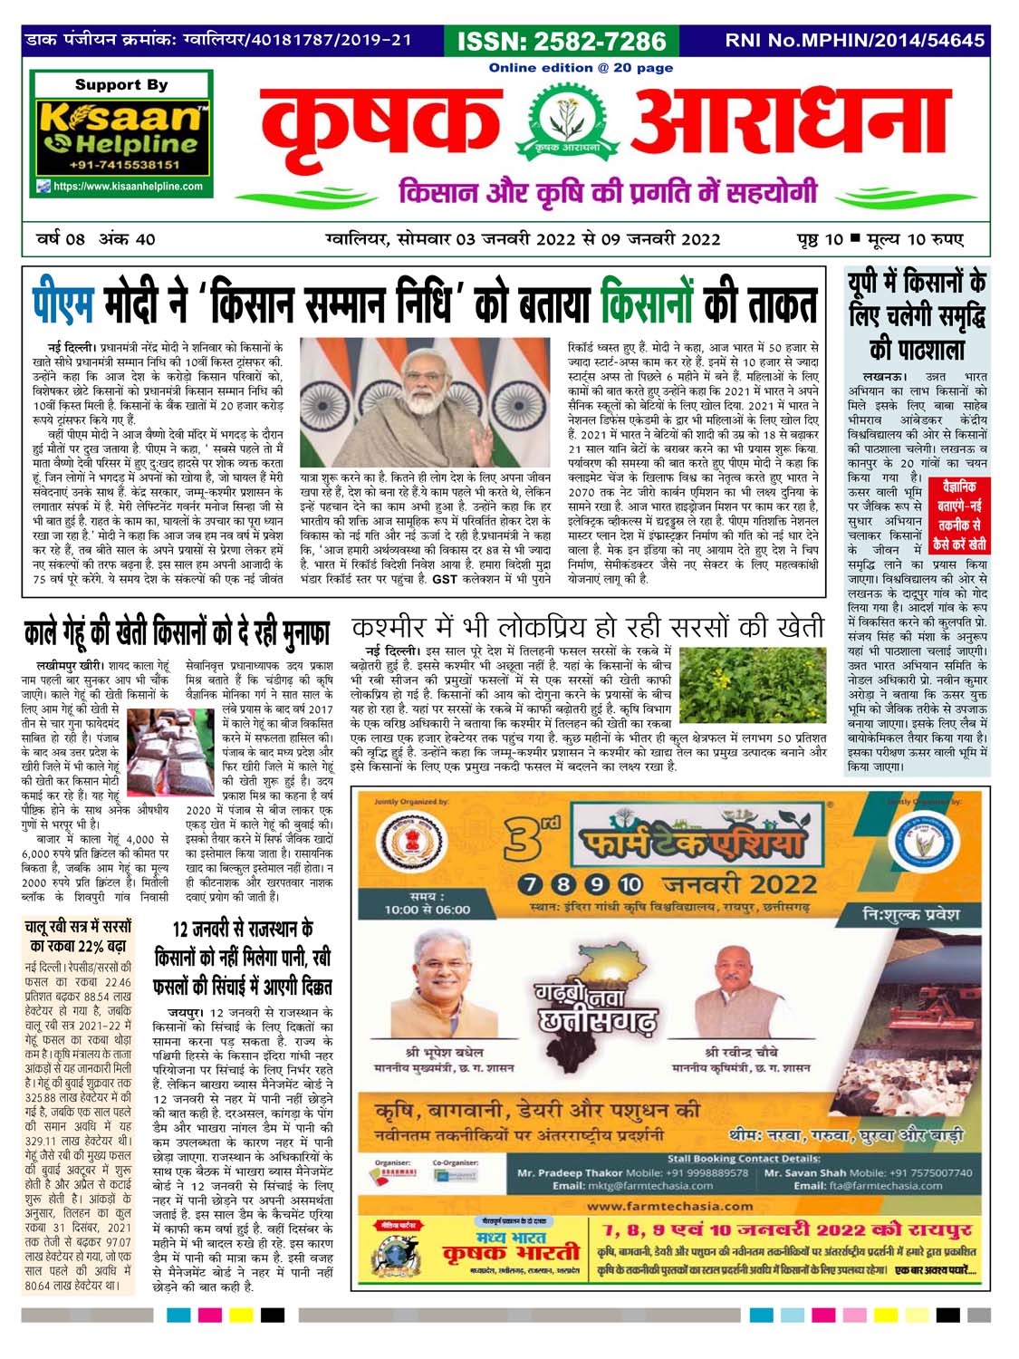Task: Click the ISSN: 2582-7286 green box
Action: click(x=562, y=41)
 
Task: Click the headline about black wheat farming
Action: click(x=177, y=634)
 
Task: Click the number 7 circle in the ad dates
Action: click(x=531, y=884)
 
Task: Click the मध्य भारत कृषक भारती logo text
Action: click(x=510, y=1250)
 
